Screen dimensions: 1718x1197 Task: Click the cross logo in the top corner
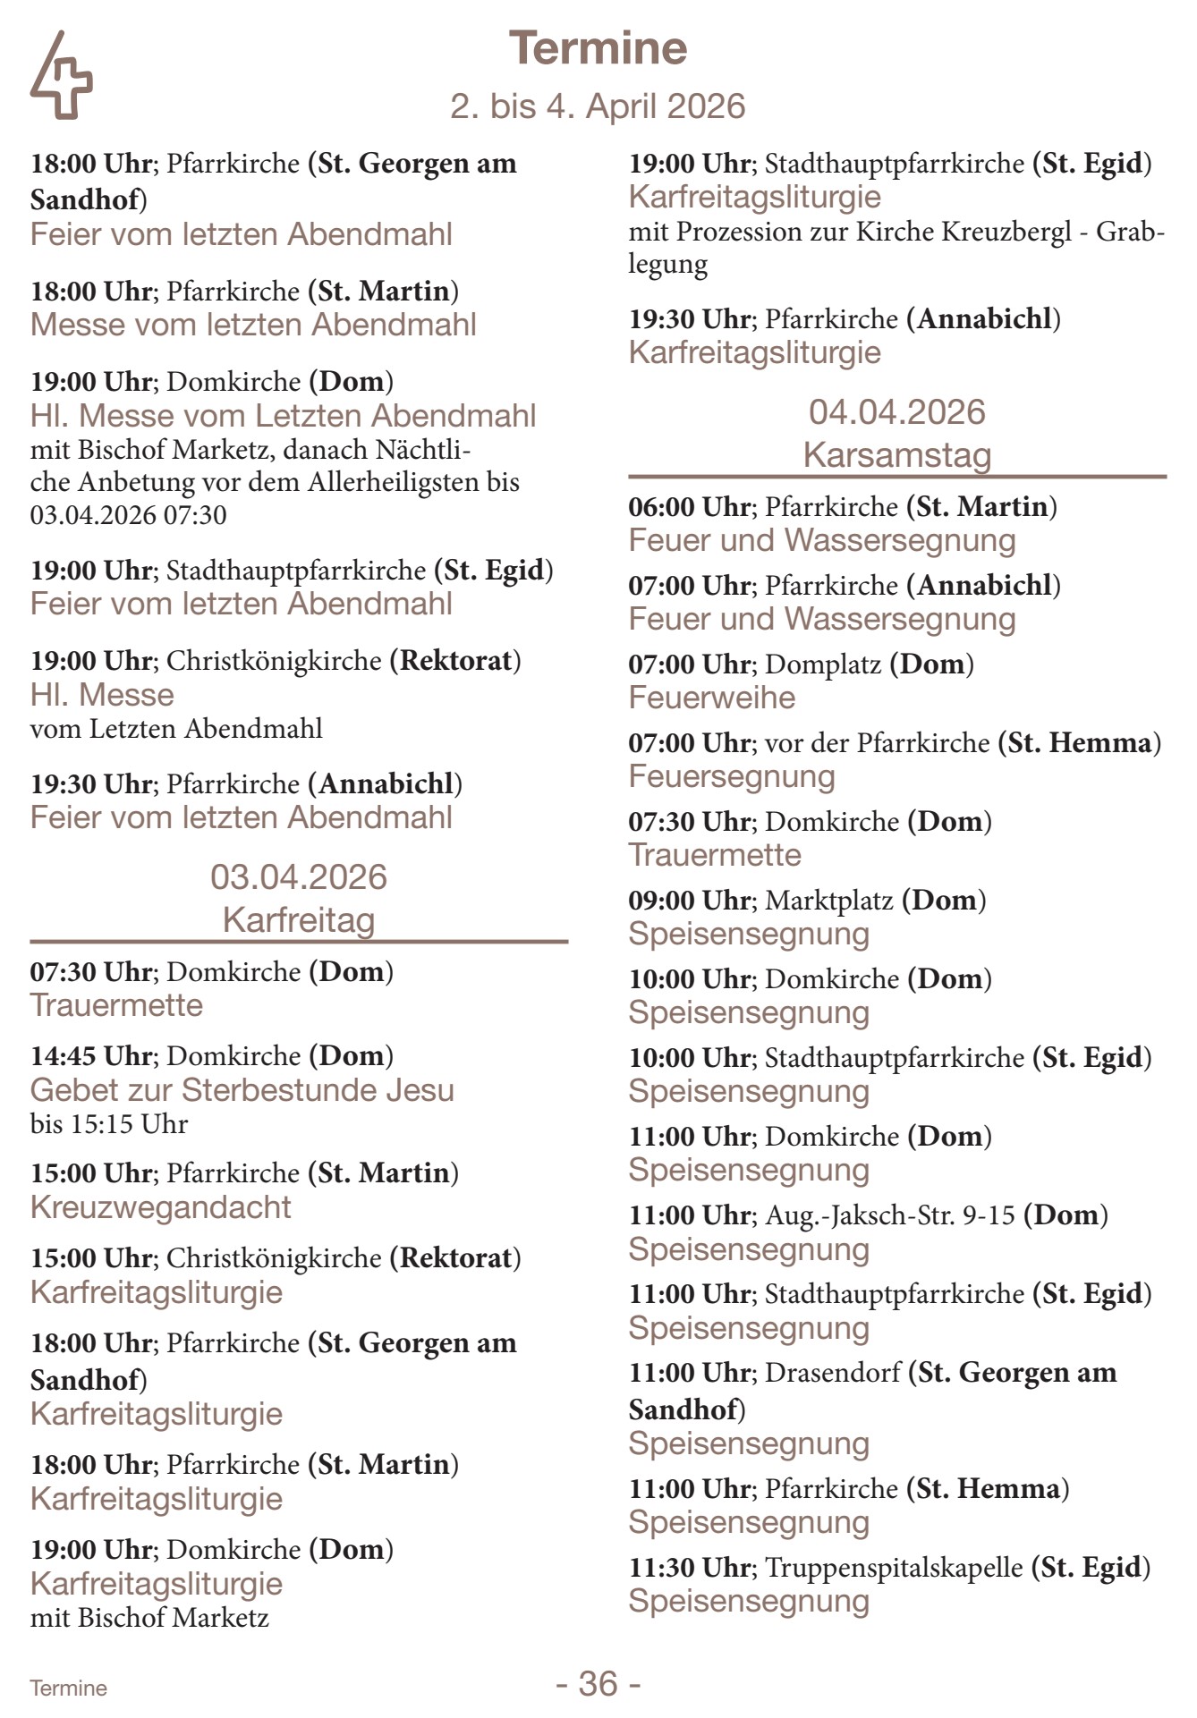[61, 76]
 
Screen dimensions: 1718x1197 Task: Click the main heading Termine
[598, 48]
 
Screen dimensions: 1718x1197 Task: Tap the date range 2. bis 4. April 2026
[598, 106]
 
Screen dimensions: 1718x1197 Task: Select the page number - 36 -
[598, 1684]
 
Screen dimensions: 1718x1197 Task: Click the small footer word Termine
[68, 1688]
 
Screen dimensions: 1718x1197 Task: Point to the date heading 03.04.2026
[299, 877]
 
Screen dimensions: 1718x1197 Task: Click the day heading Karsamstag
[897, 454]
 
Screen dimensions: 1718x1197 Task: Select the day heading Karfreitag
[299, 919]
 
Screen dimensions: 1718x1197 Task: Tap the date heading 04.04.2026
[897, 412]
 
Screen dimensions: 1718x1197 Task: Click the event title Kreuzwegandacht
[161, 1207]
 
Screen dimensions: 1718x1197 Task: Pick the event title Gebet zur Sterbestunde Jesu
[242, 1090]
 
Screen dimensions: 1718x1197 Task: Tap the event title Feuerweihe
[712, 698]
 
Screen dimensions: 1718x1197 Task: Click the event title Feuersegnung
[732, 776]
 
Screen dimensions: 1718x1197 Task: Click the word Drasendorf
[833, 1373]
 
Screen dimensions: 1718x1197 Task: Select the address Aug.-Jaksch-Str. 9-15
[890, 1215]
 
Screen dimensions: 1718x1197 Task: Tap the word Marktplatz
[829, 901]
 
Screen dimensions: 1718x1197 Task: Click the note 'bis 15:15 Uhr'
[109, 1124]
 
